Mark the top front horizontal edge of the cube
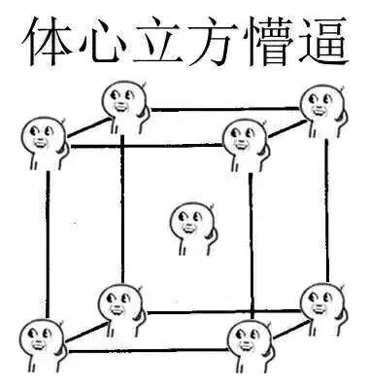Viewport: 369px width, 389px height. click(146, 147)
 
